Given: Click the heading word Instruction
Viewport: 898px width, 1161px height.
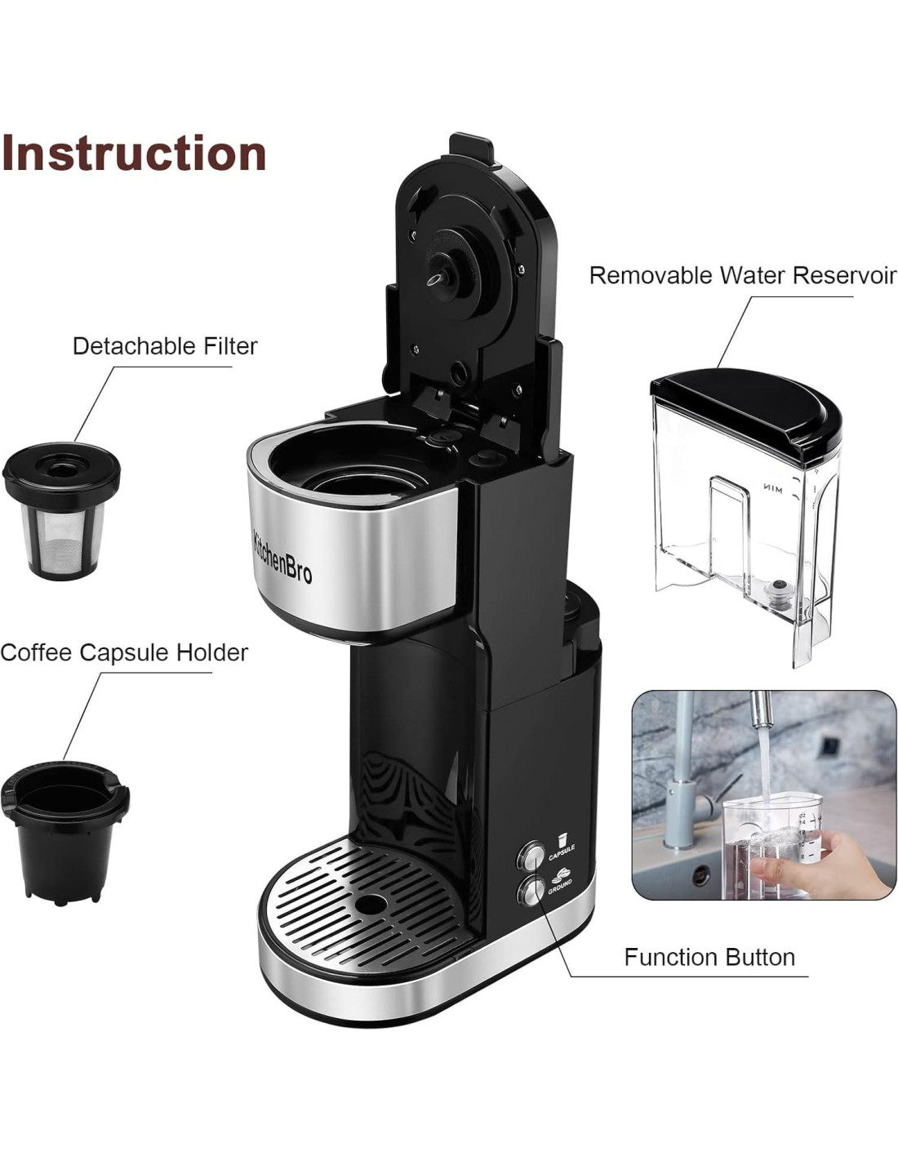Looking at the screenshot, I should click(134, 153).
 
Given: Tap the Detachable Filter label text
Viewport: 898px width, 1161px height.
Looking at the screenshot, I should click(165, 346).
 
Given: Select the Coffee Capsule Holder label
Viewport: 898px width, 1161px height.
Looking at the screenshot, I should click(124, 653).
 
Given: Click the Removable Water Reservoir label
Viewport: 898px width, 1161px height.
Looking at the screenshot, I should click(742, 275).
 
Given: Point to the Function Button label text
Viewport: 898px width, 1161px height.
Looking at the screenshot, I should click(709, 957).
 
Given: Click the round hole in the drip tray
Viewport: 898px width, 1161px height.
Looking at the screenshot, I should click(373, 905).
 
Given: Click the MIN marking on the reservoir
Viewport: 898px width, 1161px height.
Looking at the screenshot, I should click(771, 489).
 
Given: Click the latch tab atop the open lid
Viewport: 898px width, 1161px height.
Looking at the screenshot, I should click(472, 146).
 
